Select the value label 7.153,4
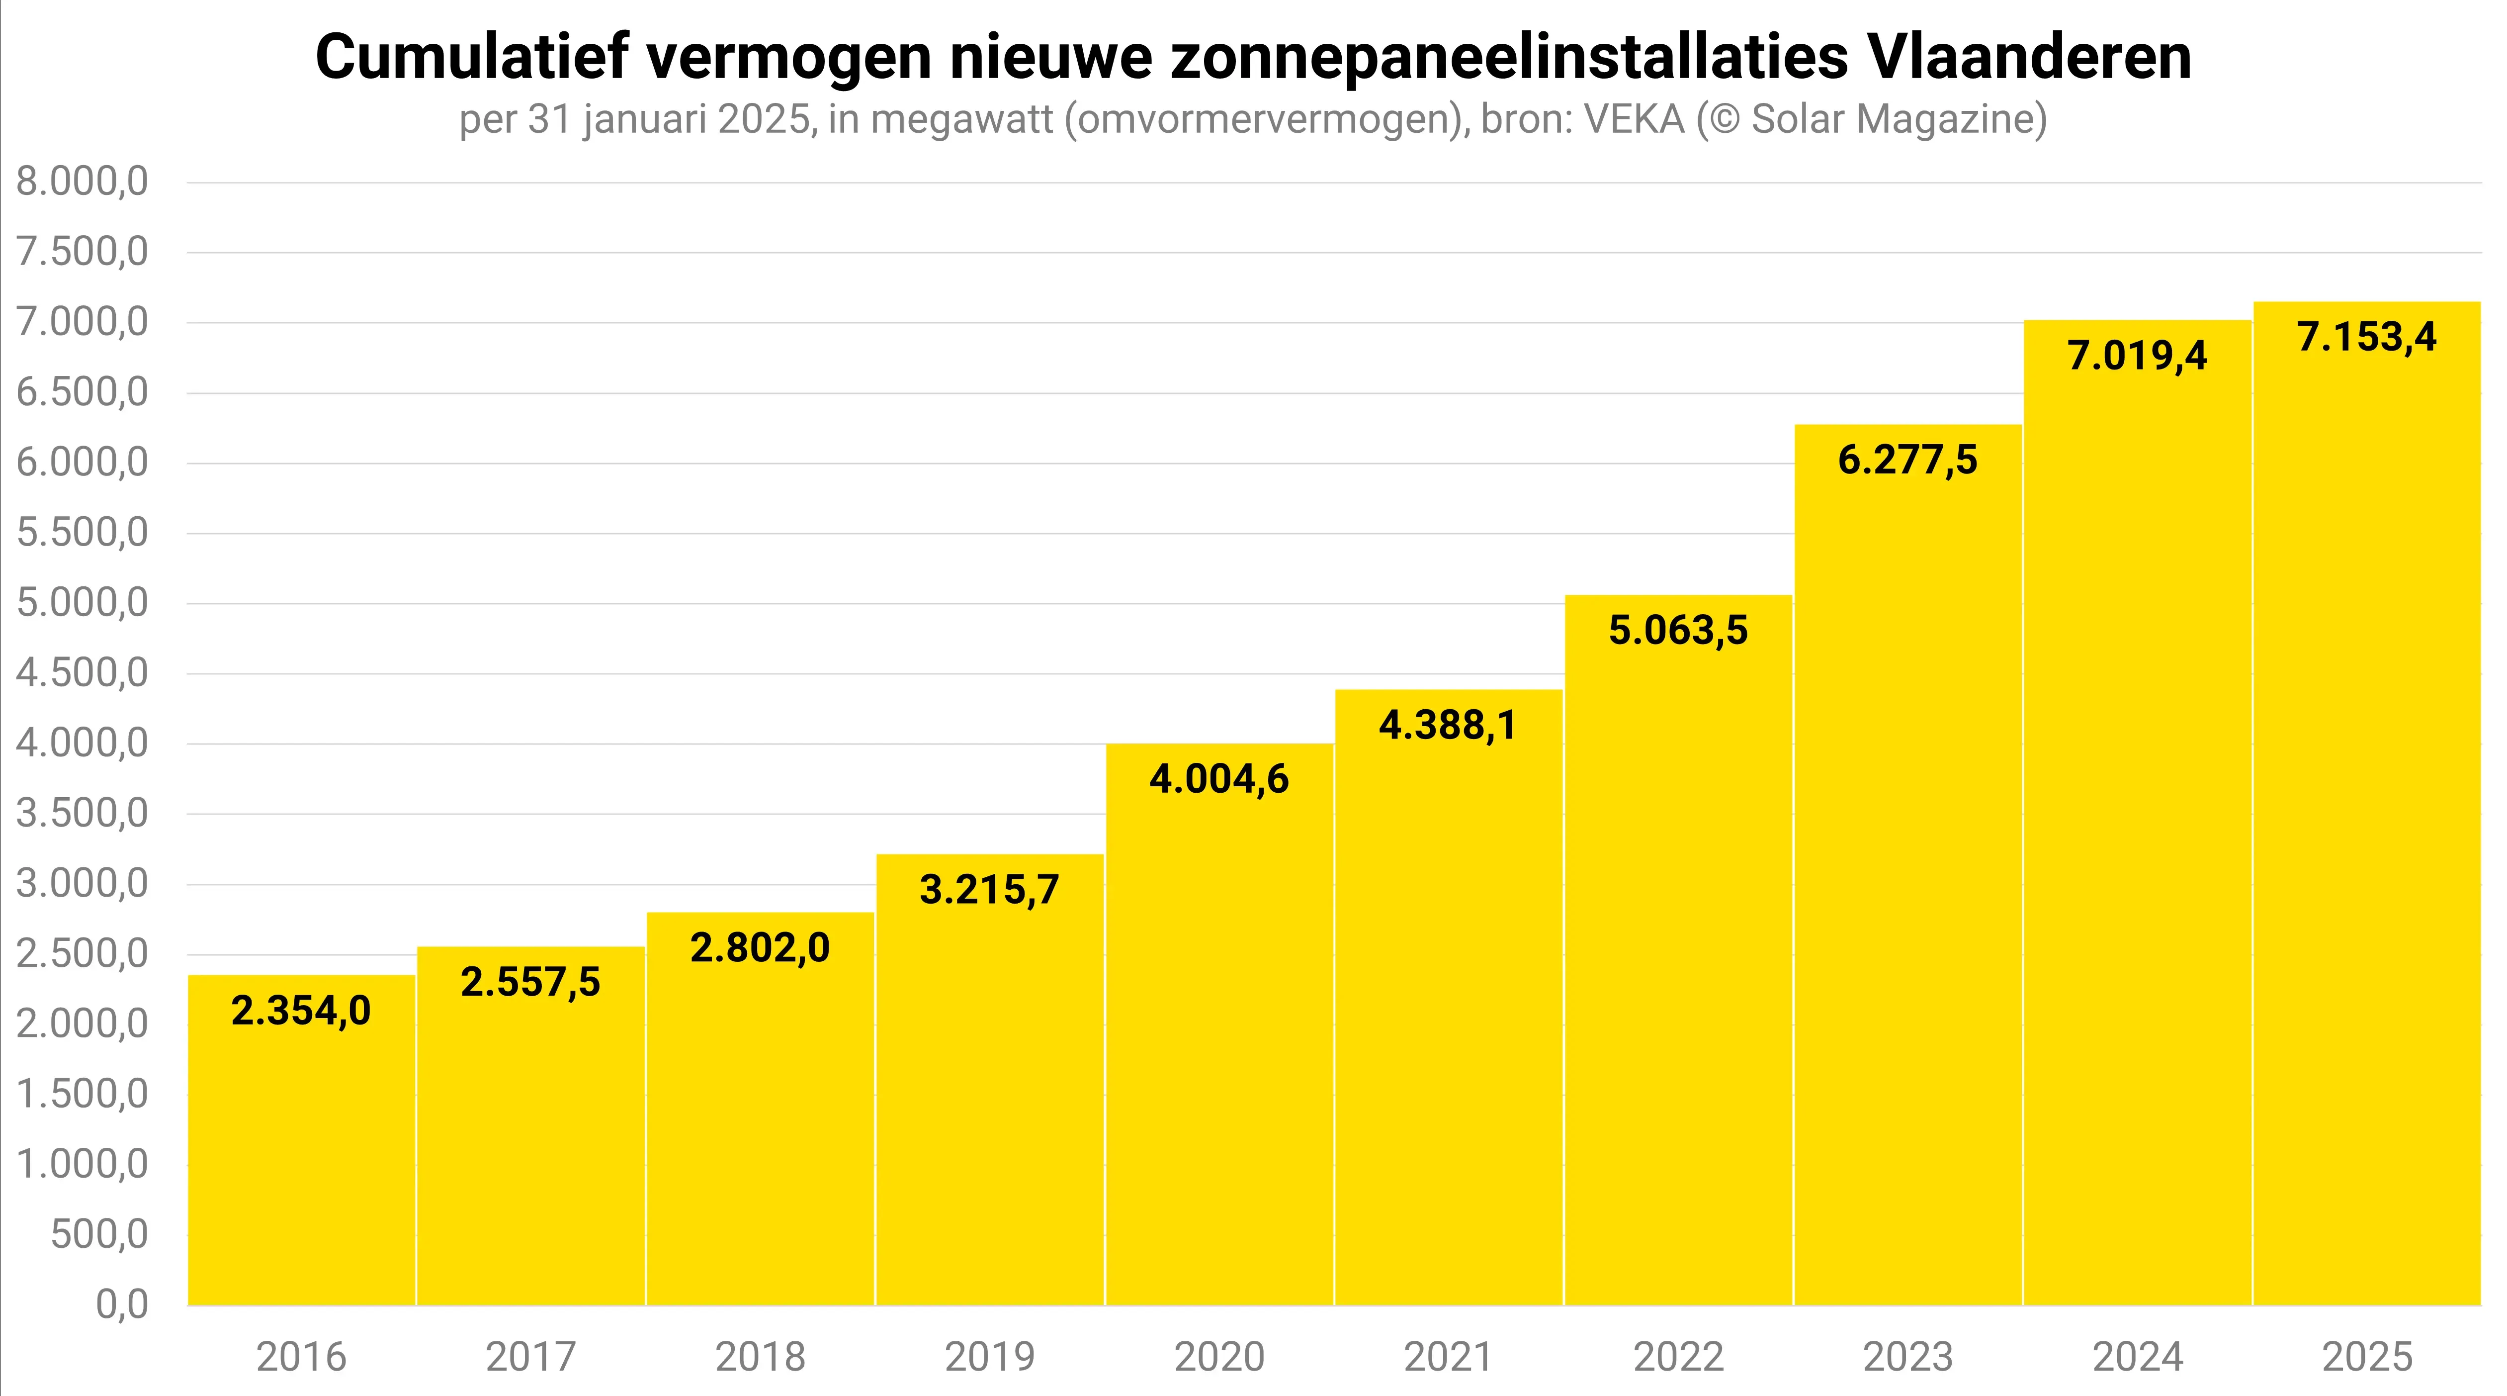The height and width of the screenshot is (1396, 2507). pos(2367,337)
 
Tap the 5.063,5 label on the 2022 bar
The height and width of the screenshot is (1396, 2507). pos(1678,630)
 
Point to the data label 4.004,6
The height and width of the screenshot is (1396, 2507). pos(1218,779)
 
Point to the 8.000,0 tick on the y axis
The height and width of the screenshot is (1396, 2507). pos(83,182)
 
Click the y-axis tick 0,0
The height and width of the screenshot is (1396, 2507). pos(122,1304)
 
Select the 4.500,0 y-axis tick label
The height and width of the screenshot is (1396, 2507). pos(83,673)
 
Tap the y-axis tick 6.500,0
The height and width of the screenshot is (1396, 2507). pos(83,392)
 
